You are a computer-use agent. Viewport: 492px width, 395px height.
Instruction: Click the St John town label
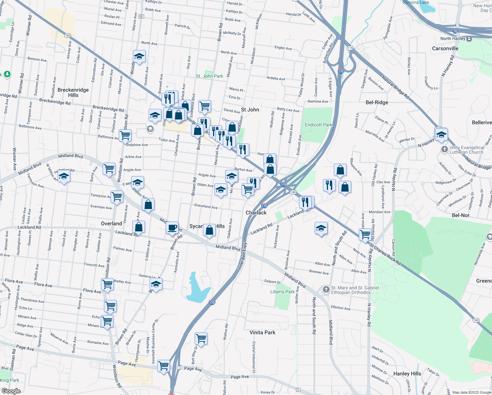tap(250, 110)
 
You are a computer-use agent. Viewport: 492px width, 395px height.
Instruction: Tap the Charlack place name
tap(256, 213)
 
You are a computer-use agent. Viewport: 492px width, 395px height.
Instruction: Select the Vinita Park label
tap(262, 332)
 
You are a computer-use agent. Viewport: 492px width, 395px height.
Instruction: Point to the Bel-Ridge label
tap(377, 102)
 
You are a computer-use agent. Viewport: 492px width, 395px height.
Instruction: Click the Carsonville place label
tap(445, 48)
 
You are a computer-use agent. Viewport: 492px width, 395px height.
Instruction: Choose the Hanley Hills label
tap(407, 374)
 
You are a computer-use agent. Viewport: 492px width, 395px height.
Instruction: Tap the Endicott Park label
tap(318, 125)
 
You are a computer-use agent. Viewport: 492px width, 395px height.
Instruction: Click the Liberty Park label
tap(282, 292)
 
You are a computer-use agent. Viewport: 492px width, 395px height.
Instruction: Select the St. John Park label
tap(209, 76)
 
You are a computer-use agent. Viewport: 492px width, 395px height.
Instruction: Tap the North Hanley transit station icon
tap(469, 39)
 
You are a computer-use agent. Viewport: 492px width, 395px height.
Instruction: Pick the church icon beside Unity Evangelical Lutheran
tap(444, 149)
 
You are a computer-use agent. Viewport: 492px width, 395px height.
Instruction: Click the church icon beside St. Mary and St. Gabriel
tap(326, 290)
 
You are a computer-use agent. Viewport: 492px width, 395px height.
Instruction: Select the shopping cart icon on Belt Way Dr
tap(201, 338)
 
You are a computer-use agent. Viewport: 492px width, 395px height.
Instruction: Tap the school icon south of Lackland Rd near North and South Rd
tap(321, 228)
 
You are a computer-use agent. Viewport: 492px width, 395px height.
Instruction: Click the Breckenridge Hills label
tap(73, 92)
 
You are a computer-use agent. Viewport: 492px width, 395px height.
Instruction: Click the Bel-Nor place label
tap(460, 215)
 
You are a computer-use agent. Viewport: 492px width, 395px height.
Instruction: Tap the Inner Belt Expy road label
tap(242, 257)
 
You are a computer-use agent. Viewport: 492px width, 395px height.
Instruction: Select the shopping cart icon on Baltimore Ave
tap(125, 135)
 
